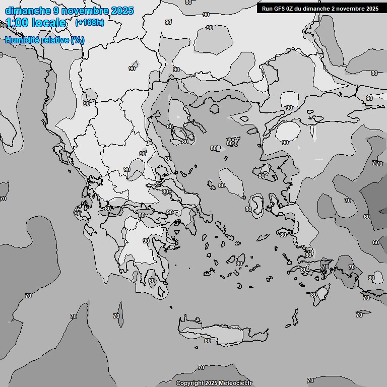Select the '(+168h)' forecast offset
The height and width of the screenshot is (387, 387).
point(89,23)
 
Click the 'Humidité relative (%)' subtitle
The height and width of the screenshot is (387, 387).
point(44,40)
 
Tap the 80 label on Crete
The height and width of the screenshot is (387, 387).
point(207,341)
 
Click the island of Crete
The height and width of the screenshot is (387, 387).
point(227,333)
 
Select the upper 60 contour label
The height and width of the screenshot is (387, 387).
point(366,217)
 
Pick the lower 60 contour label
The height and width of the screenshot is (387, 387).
point(376,242)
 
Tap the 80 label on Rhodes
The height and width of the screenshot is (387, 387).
point(313,295)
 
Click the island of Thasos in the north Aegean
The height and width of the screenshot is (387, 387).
point(214,108)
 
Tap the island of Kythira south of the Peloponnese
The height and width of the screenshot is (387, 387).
point(162,291)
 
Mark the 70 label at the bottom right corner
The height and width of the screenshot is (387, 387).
point(310,380)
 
